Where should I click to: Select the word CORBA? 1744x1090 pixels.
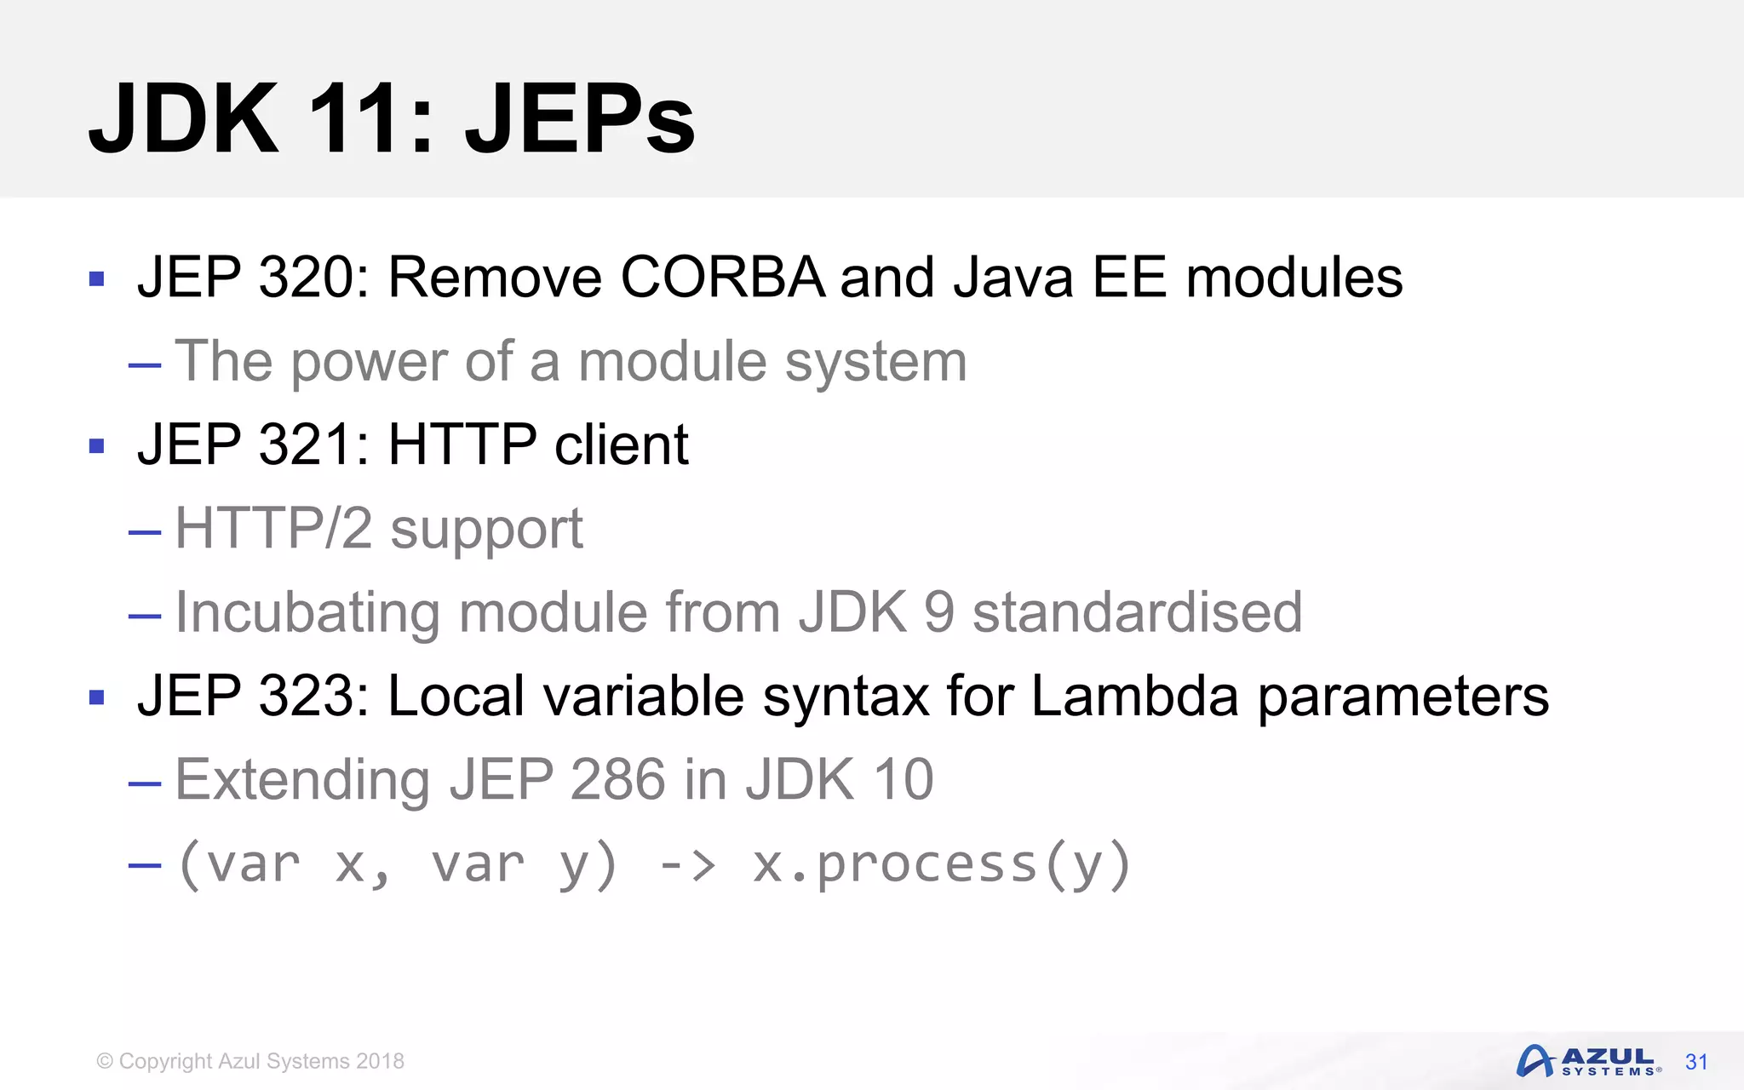pos(723,278)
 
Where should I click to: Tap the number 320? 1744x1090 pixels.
pos(307,278)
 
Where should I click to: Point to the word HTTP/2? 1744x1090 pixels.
pos(273,529)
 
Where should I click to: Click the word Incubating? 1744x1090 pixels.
pos(307,613)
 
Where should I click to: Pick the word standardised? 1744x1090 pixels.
pos(1137,612)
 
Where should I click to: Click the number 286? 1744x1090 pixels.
pos(617,780)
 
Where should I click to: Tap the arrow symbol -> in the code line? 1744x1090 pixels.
pos(687,865)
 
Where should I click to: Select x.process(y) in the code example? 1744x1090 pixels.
pos(941,865)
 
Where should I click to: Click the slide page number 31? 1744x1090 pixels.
pos(1696,1062)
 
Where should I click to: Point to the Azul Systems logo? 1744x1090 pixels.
pos(1587,1061)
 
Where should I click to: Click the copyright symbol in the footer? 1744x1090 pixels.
pos(105,1061)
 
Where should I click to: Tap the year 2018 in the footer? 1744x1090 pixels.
pos(380,1061)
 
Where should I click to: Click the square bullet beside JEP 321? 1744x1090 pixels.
pos(96,445)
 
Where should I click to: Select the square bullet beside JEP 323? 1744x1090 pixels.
pos(96,697)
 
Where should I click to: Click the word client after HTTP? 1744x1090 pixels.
pos(621,445)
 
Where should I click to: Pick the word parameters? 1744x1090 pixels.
pos(1403,697)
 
